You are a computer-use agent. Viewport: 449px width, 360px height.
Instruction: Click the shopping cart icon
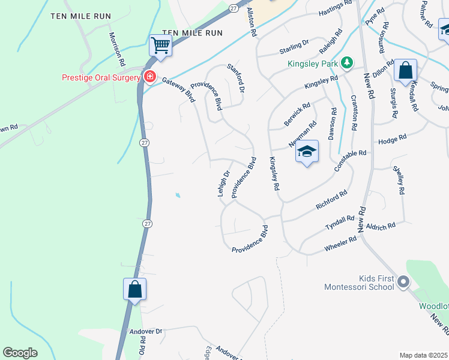click(x=160, y=44)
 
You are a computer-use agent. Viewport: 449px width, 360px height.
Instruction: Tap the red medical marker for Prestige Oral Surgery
click(x=149, y=77)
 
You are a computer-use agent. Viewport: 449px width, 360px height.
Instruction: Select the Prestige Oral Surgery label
click(x=100, y=77)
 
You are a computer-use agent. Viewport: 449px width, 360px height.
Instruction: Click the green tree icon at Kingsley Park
click(x=346, y=62)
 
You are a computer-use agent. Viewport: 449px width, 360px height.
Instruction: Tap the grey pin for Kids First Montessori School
click(x=403, y=280)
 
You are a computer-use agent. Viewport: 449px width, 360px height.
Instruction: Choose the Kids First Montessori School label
click(x=359, y=282)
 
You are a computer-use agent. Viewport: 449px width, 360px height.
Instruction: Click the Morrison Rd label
click(x=117, y=49)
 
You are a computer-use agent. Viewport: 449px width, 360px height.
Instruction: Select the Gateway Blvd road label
click(x=178, y=90)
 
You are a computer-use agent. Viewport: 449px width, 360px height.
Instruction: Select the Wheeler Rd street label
click(x=340, y=242)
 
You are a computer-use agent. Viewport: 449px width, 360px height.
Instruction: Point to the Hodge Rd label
click(x=392, y=139)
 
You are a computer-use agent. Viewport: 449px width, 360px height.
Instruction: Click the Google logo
click(x=20, y=353)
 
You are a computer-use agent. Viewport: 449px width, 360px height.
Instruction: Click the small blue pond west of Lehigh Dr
click(x=177, y=196)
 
